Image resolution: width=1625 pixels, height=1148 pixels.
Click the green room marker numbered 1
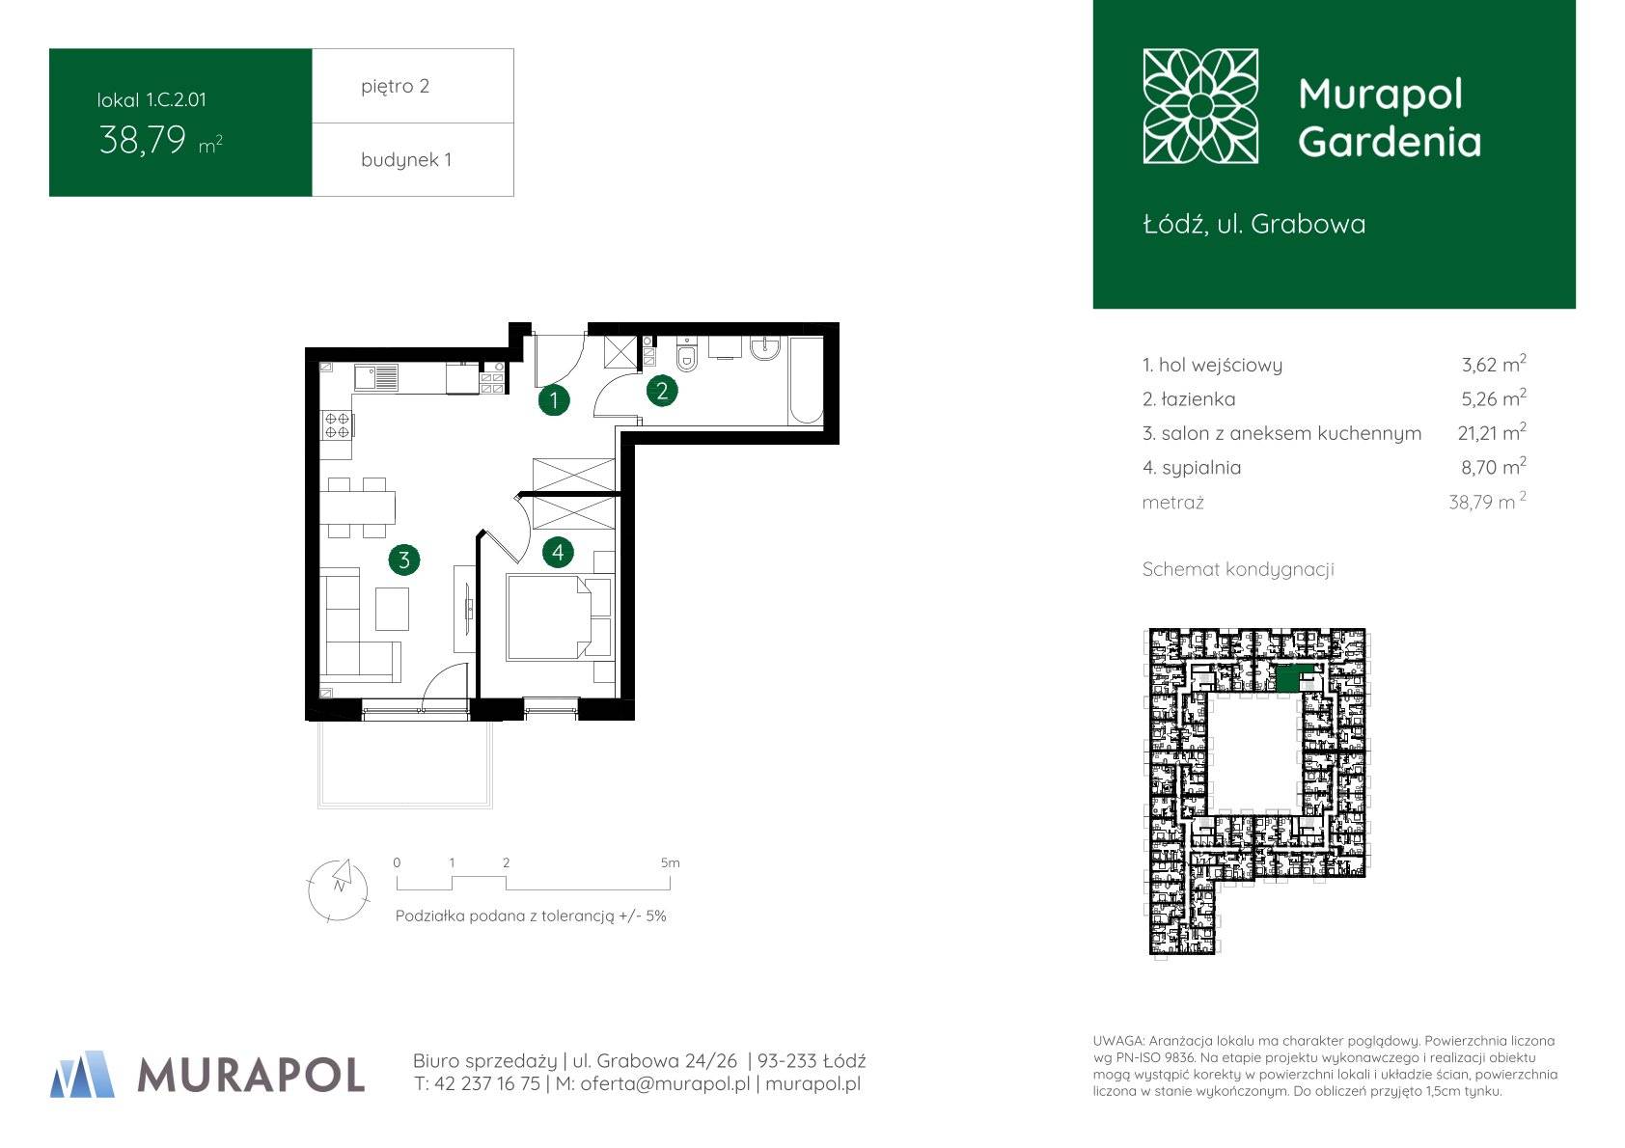pyautogui.click(x=554, y=400)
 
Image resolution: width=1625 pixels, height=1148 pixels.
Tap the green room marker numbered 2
pyautogui.click(x=662, y=392)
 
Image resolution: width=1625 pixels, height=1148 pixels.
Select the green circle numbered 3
pyautogui.click(x=404, y=560)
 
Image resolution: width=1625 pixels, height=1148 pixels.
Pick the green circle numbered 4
pyautogui.click(x=557, y=553)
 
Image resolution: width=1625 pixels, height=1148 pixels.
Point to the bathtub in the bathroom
pyautogui.click(x=806, y=381)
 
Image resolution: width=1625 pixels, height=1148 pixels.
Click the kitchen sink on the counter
pyautogui.click(x=376, y=377)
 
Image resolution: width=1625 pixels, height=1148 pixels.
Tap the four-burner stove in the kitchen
pyautogui.click(x=337, y=425)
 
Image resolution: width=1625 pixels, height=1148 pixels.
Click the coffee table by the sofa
pyautogui.click(x=392, y=609)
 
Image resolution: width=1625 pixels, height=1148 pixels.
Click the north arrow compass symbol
pyautogui.click(x=338, y=889)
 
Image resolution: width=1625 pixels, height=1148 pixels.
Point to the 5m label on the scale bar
pyautogui.click(x=671, y=863)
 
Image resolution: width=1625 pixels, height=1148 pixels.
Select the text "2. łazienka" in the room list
pyautogui.click(x=1188, y=398)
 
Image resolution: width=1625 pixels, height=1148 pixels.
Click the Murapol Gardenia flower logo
pyautogui.click(x=1200, y=106)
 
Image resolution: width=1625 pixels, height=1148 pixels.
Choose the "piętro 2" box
pyautogui.click(x=413, y=86)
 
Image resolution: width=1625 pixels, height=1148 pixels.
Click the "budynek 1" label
pyautogui.click(x=406, y=159)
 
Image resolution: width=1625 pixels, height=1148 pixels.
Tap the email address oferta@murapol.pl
pyautogui.click(x=665, y=1083)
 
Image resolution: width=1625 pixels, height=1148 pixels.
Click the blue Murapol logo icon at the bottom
pyautogui.click(x=83, y=1074)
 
